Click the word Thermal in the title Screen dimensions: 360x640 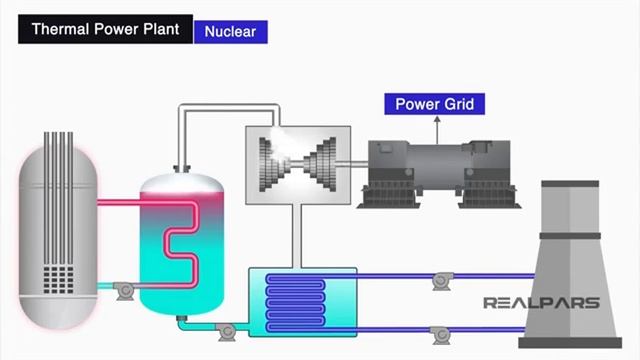point(57,29)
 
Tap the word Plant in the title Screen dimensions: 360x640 point(159,29)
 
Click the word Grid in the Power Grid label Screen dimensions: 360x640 point(463,104)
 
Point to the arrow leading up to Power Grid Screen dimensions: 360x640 point(437,127)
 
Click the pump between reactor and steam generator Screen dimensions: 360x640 point(124,290)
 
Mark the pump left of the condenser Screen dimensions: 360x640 point(227,329)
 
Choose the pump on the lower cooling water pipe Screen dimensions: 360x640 point(436,332)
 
